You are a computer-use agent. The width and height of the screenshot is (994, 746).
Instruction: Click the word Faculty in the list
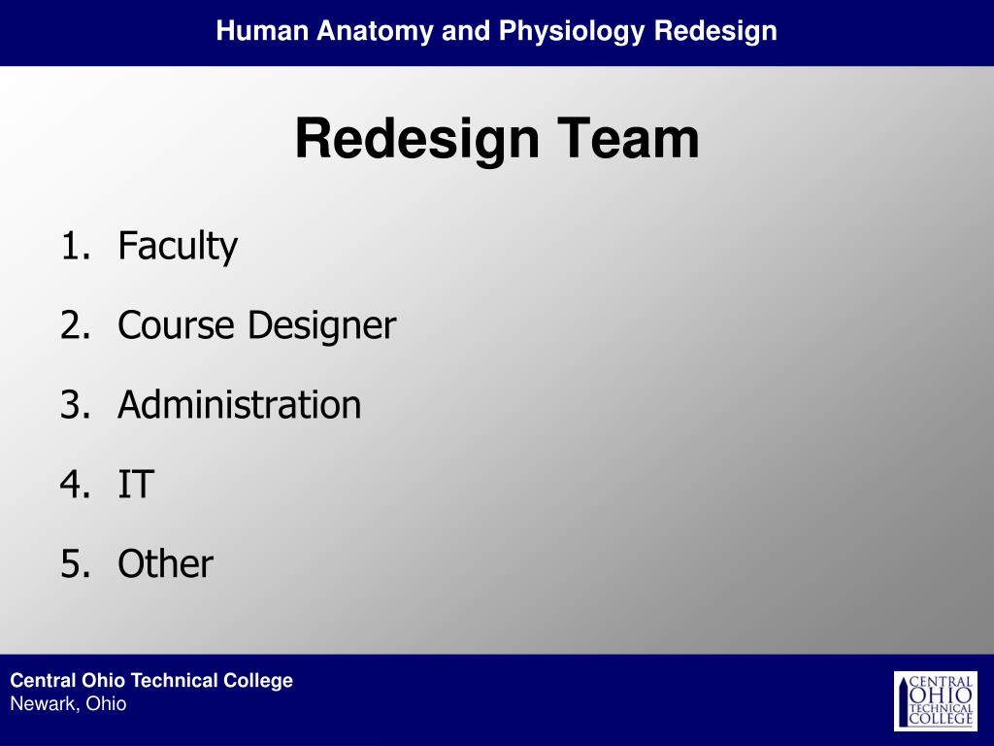pyautogui.click(x=178, y=247)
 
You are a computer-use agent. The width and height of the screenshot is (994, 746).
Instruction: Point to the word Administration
pyautogui.click(x=240, y=405)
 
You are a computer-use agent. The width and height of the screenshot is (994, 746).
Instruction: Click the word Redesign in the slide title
pyautogui.click(x=416, y=140)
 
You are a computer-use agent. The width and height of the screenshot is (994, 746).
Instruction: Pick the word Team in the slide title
pyautogui.click(x=628, y=139)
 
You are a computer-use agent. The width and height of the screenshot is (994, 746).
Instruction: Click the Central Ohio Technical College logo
pyautogui.click(x=935, y=700)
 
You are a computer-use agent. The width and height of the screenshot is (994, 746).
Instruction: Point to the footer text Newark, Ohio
pyautogui.click(x=68, y=704)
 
